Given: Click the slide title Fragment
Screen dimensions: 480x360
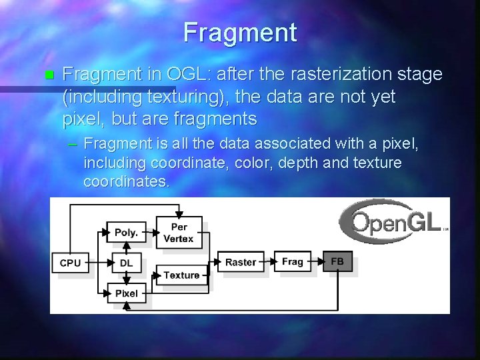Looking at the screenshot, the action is pos(240,32).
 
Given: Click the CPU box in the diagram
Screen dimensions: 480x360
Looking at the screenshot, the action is pos(71,263).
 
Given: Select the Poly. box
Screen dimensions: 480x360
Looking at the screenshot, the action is pos(126,233).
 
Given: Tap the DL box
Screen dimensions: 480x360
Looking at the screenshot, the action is pos(126,263).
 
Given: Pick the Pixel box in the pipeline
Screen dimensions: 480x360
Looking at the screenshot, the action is pos(126,293).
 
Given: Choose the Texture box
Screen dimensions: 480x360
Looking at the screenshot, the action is pos(181,275).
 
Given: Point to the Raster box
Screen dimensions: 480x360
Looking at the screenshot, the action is pos(241,262).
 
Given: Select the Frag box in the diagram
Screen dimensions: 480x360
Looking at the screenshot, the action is pos(293,261).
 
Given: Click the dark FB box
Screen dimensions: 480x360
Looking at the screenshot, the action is pos(337,261).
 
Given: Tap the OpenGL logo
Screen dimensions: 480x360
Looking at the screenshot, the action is pos(393,221).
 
